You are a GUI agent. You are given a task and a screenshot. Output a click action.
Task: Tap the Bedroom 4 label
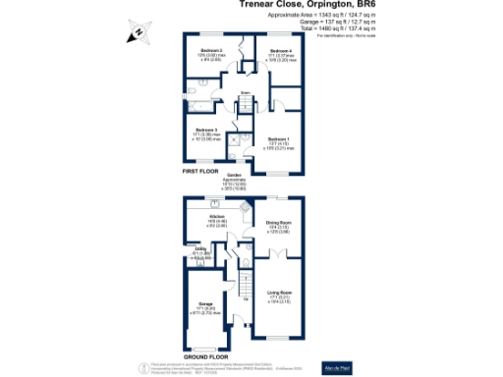point(280,50)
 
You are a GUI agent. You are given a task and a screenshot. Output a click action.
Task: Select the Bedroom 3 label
point(205,130)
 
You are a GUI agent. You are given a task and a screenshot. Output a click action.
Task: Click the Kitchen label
point(216,215)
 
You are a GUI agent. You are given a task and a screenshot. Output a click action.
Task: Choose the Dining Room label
point(280,223)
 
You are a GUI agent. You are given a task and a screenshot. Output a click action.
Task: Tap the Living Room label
point(280,293)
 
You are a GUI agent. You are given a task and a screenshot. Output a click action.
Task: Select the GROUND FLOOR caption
point(207,356)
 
